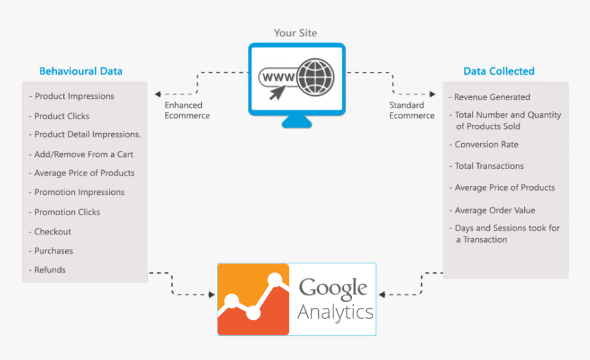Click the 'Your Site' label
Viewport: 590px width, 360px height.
click(x=296, y=33)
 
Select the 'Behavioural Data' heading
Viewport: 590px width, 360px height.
click(x=81, y=71)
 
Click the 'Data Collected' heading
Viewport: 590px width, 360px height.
click(x=499, y=71)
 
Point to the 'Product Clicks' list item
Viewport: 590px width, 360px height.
click(x=62, y=116)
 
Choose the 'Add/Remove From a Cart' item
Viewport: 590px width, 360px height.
click(x=84, y=154)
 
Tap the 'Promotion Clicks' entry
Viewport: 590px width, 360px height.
click(x=67, y=212)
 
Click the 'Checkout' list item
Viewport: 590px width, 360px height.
click(x=53, y=232)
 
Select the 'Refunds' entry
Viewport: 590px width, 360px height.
click(x=50, y=269)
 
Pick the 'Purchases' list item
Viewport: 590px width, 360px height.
click(x=54, y=251)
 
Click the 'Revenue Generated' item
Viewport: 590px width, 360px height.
click(x=492, y=97)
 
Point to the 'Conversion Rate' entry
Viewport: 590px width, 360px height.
click(x=486, y=145)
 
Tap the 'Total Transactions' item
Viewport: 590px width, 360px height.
click(x=489, y=166)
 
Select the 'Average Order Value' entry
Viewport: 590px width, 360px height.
click(x=495, y=211)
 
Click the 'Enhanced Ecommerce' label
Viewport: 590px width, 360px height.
click(x=187, y=110)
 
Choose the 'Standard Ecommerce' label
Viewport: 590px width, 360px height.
click(x=412, y=110)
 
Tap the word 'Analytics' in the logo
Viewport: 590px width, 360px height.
click(x=335, y=313)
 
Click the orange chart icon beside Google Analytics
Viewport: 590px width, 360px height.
click(x=253, y=299)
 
